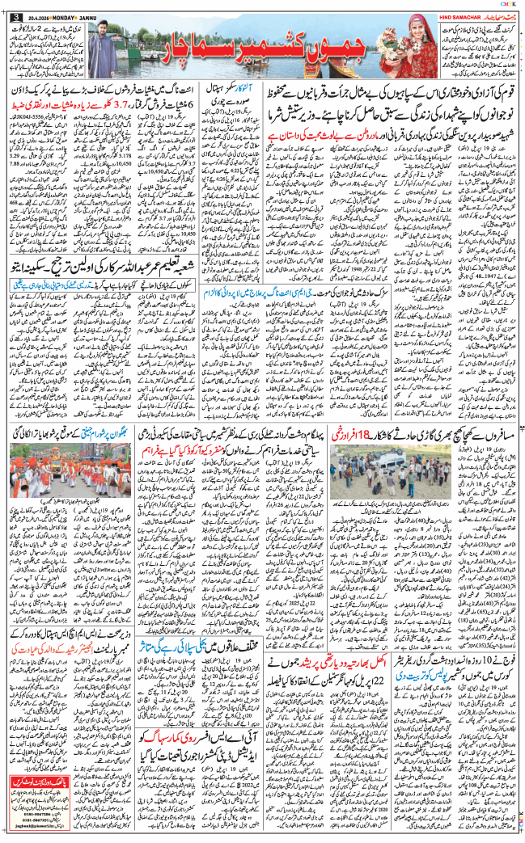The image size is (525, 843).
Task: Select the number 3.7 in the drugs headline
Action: [112, 105]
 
